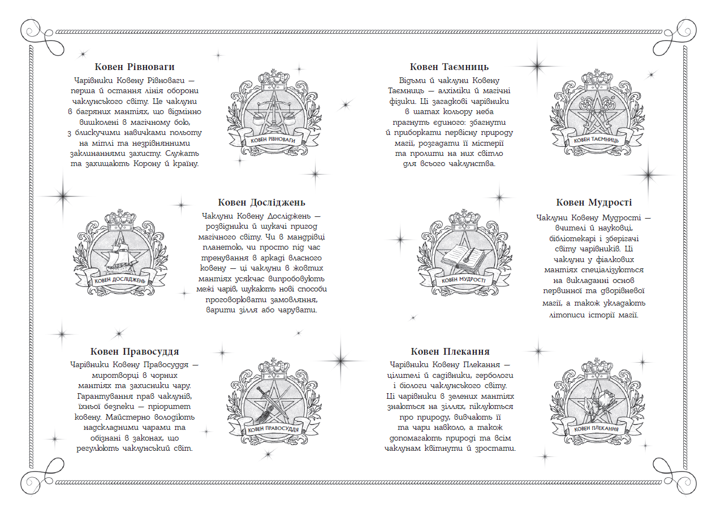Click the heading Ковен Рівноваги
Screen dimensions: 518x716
pos(135,67)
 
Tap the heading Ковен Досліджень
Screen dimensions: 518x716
pos(261,202)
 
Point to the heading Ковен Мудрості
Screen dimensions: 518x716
pos(594,202)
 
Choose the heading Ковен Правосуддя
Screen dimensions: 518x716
pos(135,351)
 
